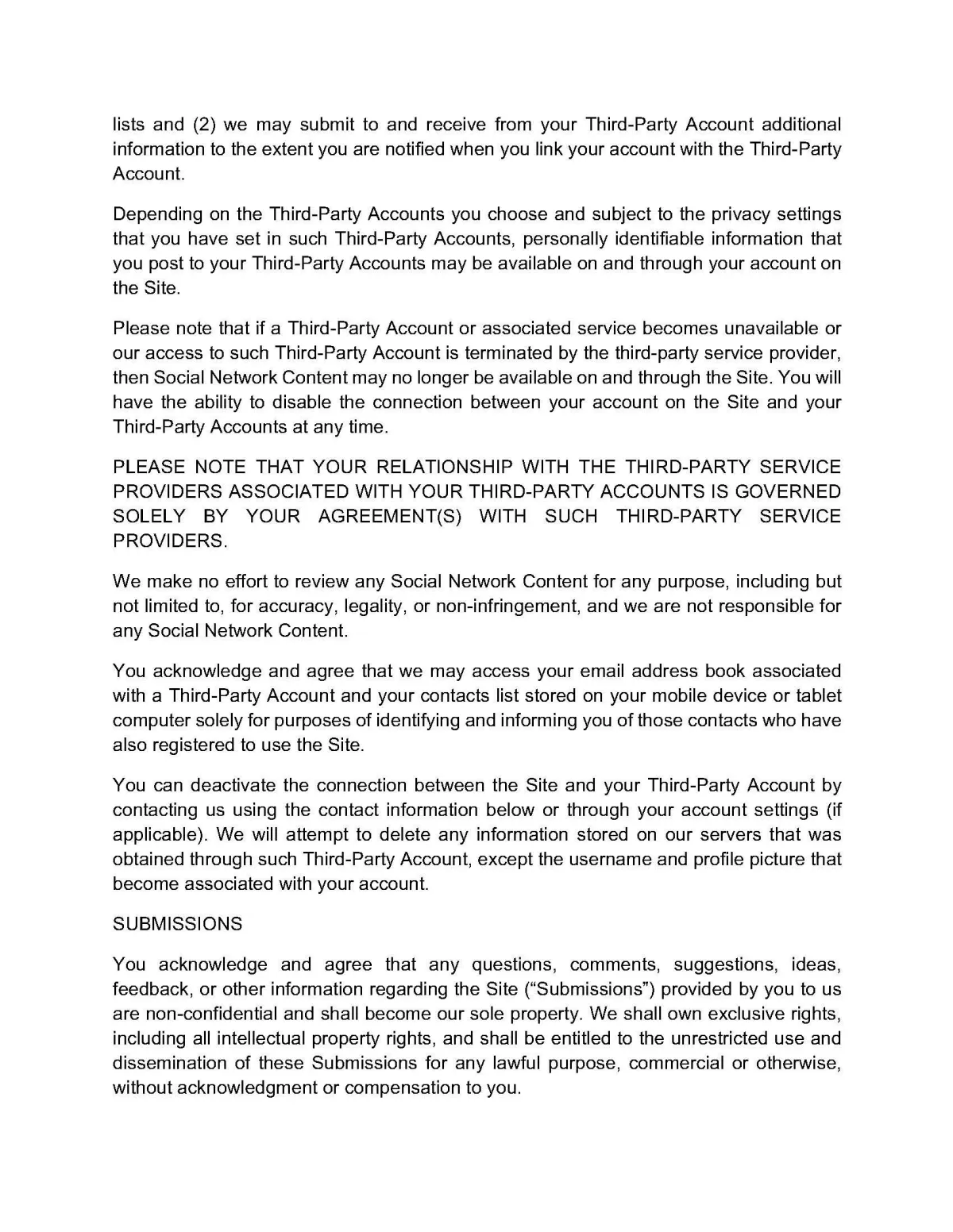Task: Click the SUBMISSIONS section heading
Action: (x=177, y=924)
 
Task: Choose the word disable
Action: (x=303, y=402)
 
